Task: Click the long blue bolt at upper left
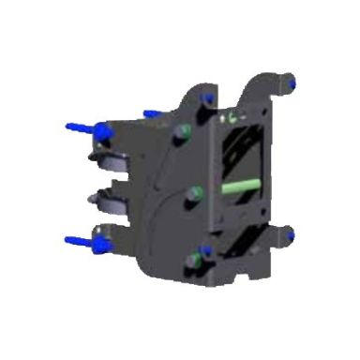tap(82, 127)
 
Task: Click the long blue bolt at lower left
tap(82, 244)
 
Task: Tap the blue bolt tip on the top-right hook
tap(290, 85)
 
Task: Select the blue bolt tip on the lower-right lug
tap(290, 234)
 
